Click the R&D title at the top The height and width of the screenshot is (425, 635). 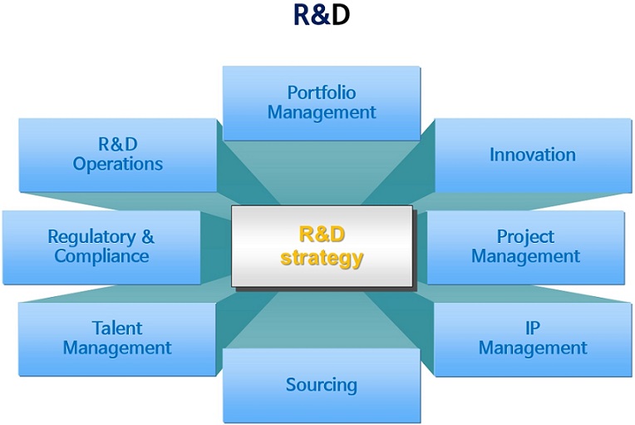coord(322,15)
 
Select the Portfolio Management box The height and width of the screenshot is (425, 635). coord(322,103)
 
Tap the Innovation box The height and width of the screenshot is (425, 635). coord(533,156)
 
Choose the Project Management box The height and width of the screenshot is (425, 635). coord(525,247)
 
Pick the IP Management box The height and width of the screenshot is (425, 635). coord(533,339)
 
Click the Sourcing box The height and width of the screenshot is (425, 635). coord(322,385)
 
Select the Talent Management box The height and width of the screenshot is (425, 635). coord(117,339)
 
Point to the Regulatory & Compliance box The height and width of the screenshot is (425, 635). coord(101,247)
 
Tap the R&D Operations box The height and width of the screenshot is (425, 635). coord(117,156)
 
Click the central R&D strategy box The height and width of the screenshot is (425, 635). coord(322,246)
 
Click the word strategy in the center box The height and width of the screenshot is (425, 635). coord(322,258)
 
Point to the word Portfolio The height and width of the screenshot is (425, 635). coord(322,93)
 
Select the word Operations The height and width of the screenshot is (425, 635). coord(118,165)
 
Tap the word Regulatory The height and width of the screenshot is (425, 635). coord(92,237)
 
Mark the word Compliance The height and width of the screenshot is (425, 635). coord(101,256)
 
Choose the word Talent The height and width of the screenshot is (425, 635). coord(117,329)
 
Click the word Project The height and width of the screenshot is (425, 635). coord(525,237)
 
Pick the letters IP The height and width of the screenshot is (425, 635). coord(533,329)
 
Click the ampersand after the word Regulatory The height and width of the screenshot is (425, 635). coord(148,236)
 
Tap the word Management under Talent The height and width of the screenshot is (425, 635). coord(117,348)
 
